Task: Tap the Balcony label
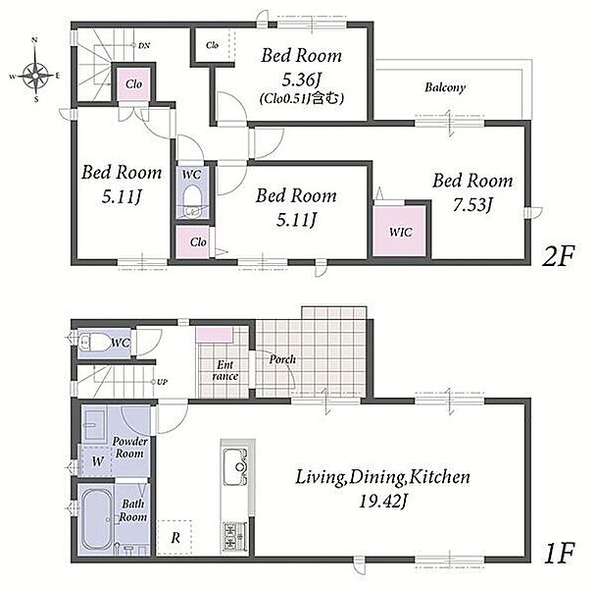(445, 87)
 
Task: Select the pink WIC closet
(399, 231)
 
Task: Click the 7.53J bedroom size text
(473, 205)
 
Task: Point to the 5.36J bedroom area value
(302, 80)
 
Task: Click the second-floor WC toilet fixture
(192, 201)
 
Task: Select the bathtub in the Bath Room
(97, 519)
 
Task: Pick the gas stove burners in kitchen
(234, 536)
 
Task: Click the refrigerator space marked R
(174, 538)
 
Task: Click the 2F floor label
(558, 256)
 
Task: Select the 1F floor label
(559, 553)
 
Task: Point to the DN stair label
(144, 46)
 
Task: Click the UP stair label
(162, 382)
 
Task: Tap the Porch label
(282, 359)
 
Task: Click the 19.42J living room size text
(382, 502)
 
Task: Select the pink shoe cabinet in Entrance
(214, 335)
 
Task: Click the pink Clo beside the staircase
(133, 83)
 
